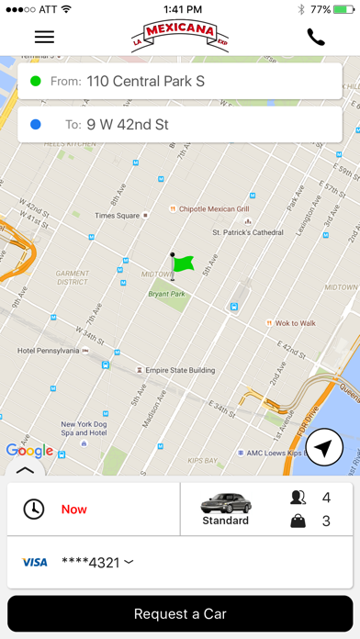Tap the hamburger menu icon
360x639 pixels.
click(x=44, y=37)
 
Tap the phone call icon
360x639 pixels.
click(x=316, y=37)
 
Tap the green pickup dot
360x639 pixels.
click(x=36, y=81)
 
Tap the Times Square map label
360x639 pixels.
click(x=117, y=216)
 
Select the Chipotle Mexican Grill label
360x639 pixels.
click(x=214, y=209)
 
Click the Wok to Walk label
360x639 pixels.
click(x=294, y=323)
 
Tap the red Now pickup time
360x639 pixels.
click(x=74, y=509)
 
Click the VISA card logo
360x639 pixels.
click(x=35, y=562)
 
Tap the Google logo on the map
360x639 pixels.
click(x=29, y=450)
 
